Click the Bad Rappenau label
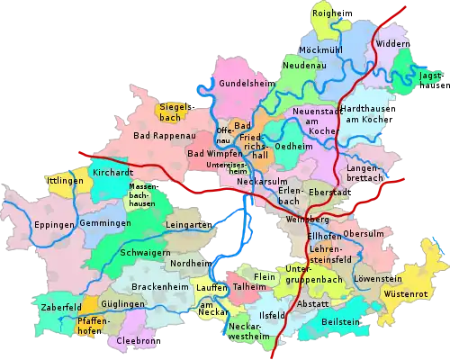click(x=164, y=136)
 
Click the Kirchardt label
click(x=112, y=171)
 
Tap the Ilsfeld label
click(x=273, y=315)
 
